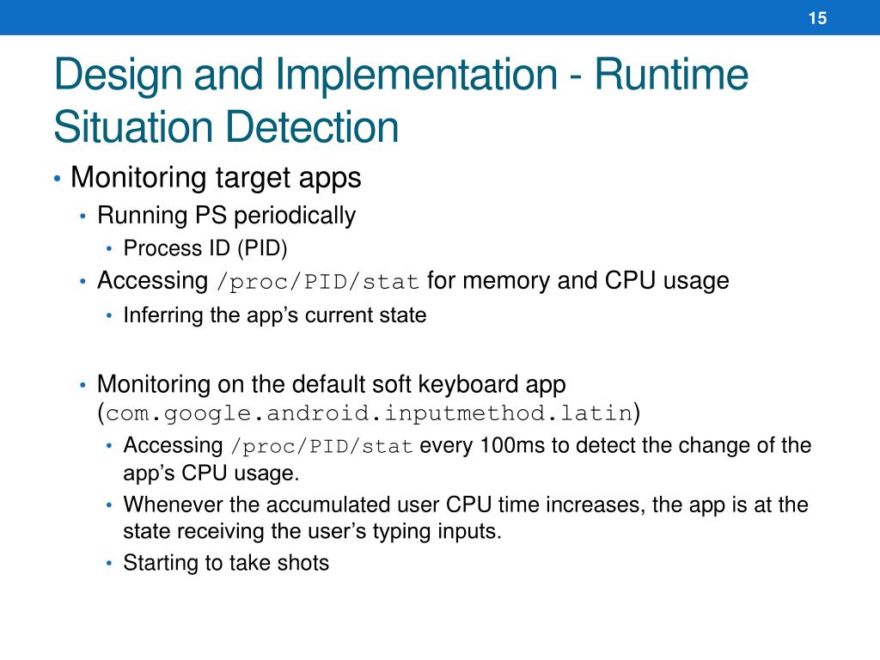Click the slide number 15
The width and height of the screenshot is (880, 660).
tap(817, 18)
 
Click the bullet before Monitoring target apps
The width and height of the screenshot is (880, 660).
tap(57, 180)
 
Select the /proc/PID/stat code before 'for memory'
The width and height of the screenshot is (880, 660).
tap(318, 282)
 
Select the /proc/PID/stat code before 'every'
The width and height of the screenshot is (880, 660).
tap(322, 447)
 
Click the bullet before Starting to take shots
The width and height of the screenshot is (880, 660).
tap(109, 564)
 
